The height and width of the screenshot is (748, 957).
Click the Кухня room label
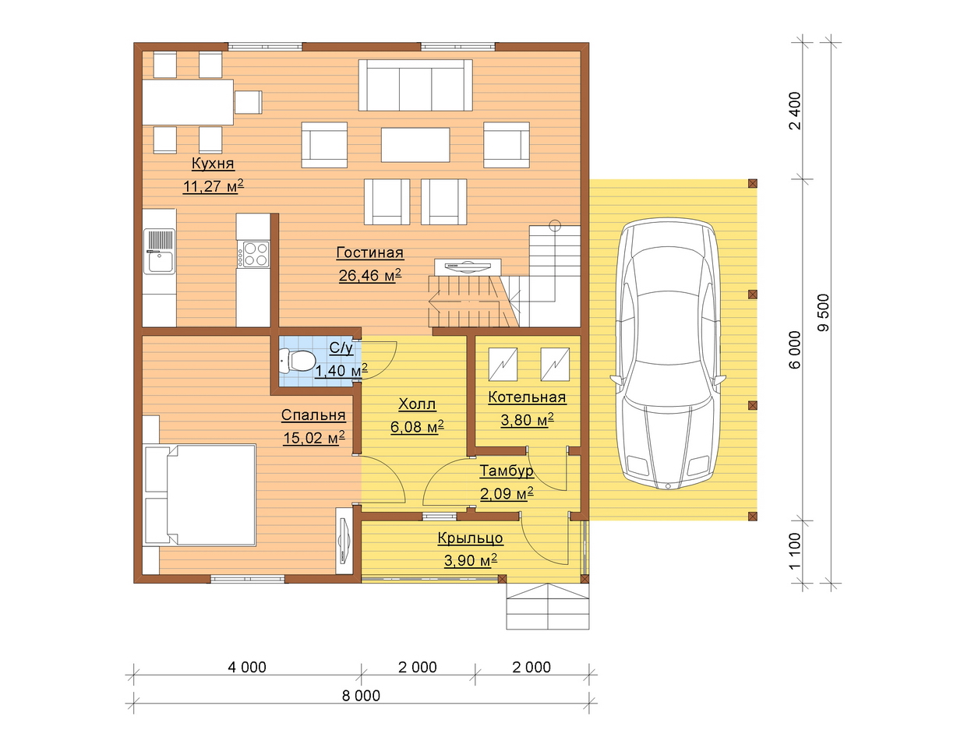pos(213,164)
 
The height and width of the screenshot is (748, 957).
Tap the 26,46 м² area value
pos(370,276)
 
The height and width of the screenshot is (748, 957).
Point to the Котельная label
pos(527,397)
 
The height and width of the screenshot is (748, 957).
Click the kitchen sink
pos(159,251)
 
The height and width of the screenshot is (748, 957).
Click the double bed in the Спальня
pos(200,495)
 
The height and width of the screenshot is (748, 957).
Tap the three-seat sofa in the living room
pos(415,86)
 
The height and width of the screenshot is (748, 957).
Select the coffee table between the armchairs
pos(415,145)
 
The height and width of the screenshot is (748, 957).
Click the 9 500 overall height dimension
pos(823,313)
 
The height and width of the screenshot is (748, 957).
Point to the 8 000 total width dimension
pos(361,695)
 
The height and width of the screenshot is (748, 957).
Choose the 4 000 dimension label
pos(247,667)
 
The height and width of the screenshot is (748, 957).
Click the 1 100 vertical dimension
pos(795,551)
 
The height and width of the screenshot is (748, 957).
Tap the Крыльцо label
pos(471,538)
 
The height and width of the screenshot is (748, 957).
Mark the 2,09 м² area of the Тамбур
pos(507,494)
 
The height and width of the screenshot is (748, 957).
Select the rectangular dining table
pos(188,102)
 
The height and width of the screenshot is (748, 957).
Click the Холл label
pos(417,404)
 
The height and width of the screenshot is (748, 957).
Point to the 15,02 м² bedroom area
pos(313,438)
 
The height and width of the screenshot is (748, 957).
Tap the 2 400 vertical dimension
pos(796,111)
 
